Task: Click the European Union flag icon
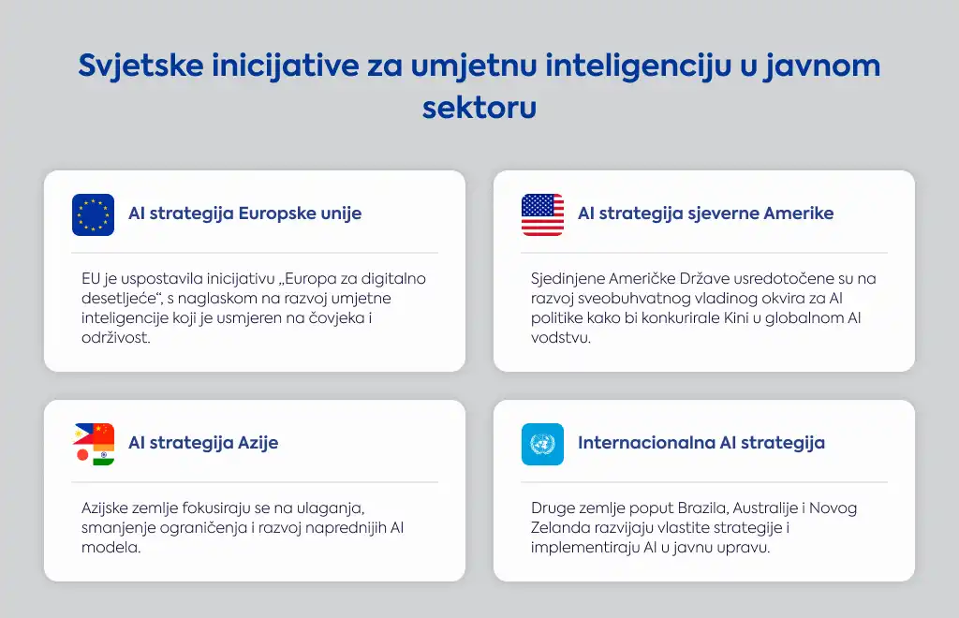(93, 214)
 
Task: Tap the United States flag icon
(542, 214)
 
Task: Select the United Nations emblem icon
(542, 444)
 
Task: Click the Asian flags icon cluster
(94, 444)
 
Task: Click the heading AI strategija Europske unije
(244, 213)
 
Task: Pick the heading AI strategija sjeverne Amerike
(706, 213)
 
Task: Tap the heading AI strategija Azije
(203, 443)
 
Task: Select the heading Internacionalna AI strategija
(701, 443)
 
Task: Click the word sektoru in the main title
(479, 108)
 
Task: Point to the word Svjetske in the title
(140, 66)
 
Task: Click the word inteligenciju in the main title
(638, 66)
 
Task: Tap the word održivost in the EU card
(115, 337)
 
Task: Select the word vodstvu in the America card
(561, 337)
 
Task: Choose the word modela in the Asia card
(111, 547)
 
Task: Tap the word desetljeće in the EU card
(122, 299)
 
